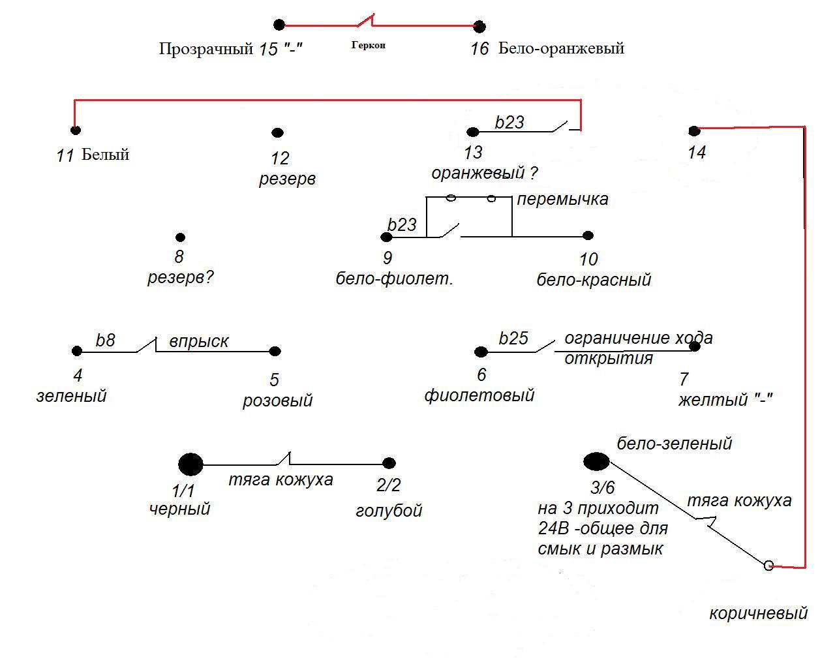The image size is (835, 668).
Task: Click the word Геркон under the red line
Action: pyautogui.click(x=369, y=45)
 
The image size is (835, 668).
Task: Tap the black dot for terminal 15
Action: pyautogui.click(x=279, y=25)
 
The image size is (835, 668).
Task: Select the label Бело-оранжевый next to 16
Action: pyautogui.click(x=561, y=48)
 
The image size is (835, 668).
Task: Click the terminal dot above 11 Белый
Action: pyautogui.click(x=76, y=130)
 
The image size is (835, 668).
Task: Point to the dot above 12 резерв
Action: pyautogui.click(x=277, y=132)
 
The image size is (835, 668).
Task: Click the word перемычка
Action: pyautogui.click(x=562, y=199)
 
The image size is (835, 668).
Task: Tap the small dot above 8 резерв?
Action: pyautogui.click(x=180, y=237)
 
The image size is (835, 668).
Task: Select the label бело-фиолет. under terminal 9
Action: pyautogui.click(x=394, y=279)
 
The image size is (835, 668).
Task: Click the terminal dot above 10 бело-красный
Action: pyautogui.click(x=588, y=235)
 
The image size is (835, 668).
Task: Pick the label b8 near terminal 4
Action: pyautogui.click(x=105, y=341)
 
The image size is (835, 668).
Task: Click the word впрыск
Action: pyautogui.click(x=199, y=341)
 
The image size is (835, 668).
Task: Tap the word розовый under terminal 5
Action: pyautogui.click(x=277, y=400)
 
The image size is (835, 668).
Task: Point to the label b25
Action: pyautogui.click(x=513, y=339)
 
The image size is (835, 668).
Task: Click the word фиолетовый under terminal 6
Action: pyautogui.click(x=479, y=395)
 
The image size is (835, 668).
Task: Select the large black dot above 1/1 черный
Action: pyautogui.click(x=190, y=464)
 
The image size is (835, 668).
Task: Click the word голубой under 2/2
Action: pyautogui.click(x=389, y=510)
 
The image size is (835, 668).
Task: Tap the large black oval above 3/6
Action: pyautogui.click(x=596, y=462)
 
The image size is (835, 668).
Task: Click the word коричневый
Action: pyautogui.click(x=758, y=613)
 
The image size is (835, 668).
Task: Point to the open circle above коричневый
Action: pyautogui.click(x=768, y=566)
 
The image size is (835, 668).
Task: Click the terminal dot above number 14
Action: pyautogui.click(x=694, y=130)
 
